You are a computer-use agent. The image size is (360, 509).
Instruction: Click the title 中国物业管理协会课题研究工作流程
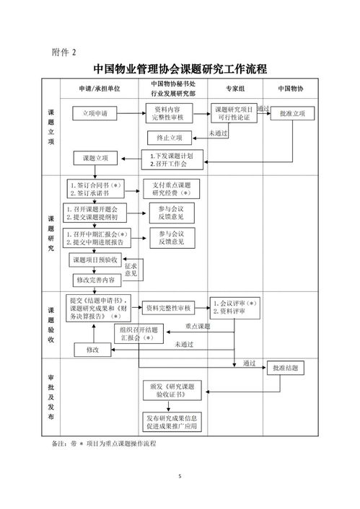[180, 70]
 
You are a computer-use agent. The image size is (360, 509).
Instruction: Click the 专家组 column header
[237, 88]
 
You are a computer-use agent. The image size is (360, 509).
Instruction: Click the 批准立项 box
[291, 114]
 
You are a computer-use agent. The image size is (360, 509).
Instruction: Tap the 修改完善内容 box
[96, 279]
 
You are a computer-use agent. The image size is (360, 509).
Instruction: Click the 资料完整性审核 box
[167, 308]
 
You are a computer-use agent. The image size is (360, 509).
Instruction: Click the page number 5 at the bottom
[180, 478]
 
